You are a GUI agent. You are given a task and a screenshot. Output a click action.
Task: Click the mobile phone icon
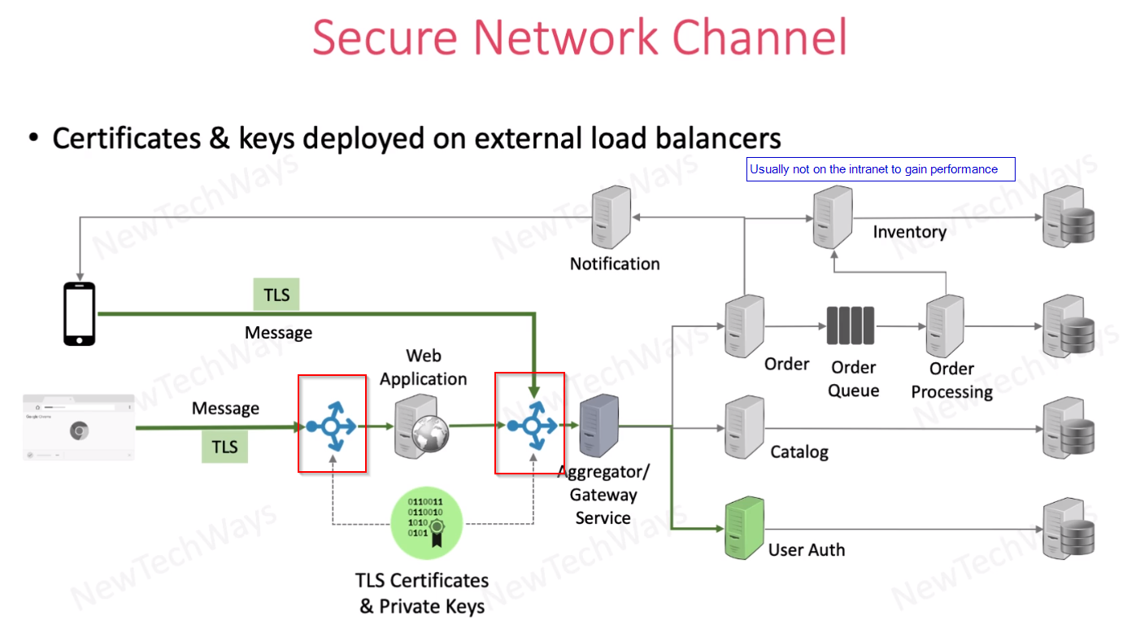click(80, 313)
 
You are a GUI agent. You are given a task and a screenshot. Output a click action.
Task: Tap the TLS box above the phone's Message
click(276, 295)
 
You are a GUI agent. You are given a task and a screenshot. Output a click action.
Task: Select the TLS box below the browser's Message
click(225, 447)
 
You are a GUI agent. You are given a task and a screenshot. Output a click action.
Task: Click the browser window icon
click(79, 427)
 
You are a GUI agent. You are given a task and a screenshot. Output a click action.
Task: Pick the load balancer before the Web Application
click(331, 424)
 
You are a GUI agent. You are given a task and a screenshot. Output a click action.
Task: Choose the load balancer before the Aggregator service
click(531, 424)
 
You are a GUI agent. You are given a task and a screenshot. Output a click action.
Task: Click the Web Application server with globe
click(416, 426)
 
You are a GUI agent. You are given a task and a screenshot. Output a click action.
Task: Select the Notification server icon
click(612, 217)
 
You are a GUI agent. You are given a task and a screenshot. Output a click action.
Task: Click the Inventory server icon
click(832, 217)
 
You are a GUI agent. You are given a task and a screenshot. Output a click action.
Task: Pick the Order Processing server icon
click(945, 325)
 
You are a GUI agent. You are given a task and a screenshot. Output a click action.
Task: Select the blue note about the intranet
click(881, 169)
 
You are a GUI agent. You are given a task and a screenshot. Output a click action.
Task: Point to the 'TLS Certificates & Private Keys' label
click(422, 593)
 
